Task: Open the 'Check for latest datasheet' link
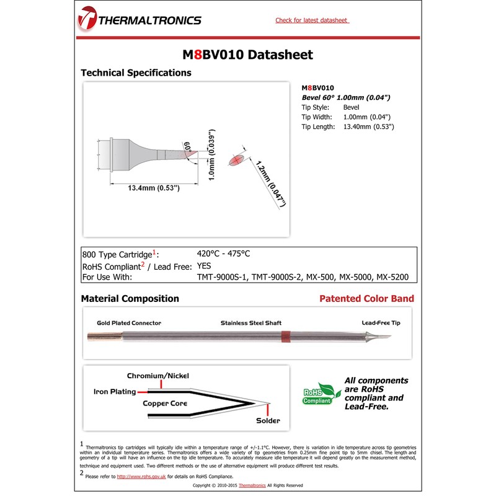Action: pos(312,20)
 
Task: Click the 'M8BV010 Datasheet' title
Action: pos(247,55)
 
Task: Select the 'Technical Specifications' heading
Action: pos(136,73)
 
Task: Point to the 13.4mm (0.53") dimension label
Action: pos(153,188)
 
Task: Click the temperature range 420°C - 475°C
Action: pos(223,254)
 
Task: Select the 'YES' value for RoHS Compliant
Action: pos(205,265)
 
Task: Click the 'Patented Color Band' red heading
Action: pos(366,298)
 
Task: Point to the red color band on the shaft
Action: pos(285,337)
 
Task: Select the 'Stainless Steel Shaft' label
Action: pos(251,323)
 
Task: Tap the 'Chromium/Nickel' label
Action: pos(158,376)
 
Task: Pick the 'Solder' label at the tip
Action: pos(268,420)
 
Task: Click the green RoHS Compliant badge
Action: pos(321,394)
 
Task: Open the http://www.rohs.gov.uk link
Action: pos(141,476)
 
